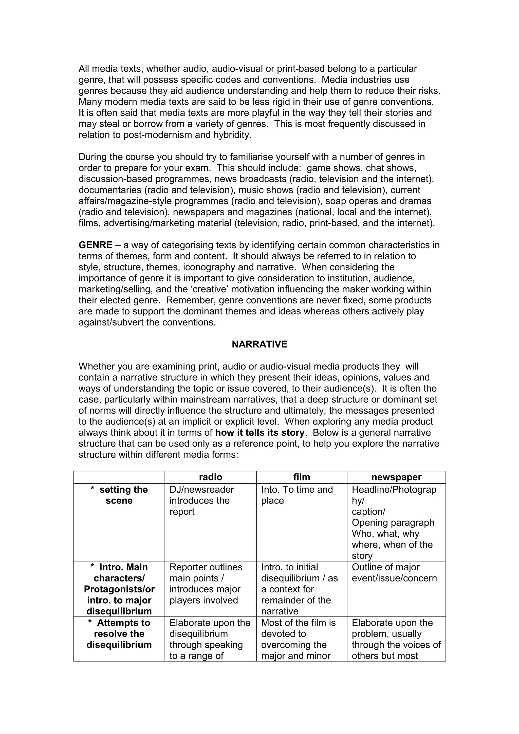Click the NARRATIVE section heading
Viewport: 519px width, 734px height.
[259, 344]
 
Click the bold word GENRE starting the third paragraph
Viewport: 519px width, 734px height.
[95, 245]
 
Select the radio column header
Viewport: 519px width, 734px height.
[210, 477]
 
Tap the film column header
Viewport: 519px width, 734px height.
[302, 477]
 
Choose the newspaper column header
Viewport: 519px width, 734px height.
[396, 477]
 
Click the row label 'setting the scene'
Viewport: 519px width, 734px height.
[119, 495]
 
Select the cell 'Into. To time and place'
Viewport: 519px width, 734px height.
[297, 495]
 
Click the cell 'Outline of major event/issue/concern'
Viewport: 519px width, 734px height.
[394, 573]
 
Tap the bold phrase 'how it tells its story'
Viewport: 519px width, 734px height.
[260, 433]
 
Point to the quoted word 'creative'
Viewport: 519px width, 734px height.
[208, 289]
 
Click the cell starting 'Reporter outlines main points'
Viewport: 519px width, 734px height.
[206, 584]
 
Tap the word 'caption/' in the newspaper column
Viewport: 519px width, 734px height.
[368, 512]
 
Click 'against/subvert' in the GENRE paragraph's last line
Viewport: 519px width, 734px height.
[111, 322]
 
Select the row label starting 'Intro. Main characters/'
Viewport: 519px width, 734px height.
[119, 589]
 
